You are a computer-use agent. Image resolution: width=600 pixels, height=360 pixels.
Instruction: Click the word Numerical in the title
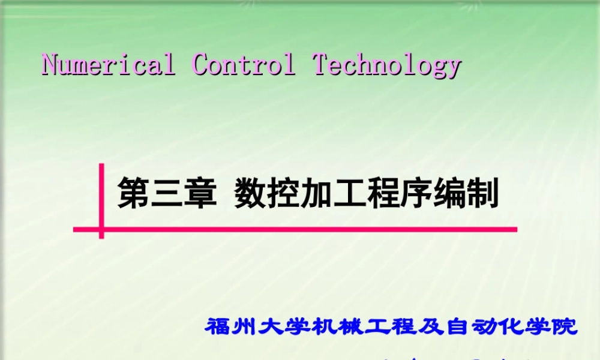pos(109,64)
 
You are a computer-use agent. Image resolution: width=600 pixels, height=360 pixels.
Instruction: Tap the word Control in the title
pos(244,64)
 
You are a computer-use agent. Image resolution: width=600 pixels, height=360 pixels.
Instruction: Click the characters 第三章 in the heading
pos(167,193)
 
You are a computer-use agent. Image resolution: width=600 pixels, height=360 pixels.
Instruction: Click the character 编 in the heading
pos(449,193)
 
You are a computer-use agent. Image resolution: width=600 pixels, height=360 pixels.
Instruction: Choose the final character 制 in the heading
pos(483,193)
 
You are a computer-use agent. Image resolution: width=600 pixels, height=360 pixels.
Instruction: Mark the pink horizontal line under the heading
pos(300,229)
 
